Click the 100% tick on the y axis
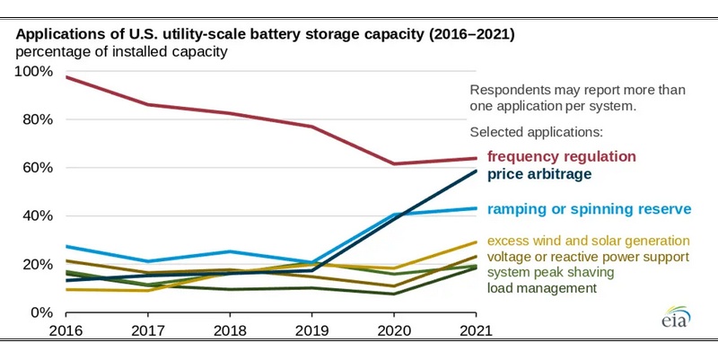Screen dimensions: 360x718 [35, 71]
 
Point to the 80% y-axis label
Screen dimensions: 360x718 [39, 119]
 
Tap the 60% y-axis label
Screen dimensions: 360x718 [39, 168]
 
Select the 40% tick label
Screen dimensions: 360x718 [39, 216]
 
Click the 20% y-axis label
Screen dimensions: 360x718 [39, 265]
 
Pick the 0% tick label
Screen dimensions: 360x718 [43, 312]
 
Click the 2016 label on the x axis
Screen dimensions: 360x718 [67, 330]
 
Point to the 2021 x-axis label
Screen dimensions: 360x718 [476, 330]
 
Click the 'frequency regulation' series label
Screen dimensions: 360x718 [561, 156]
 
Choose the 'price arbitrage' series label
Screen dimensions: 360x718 [539, 174]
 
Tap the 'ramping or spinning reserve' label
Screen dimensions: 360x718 [589, 209]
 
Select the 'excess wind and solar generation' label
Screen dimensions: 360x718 [588, 241]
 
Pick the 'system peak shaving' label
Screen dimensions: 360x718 [550, 272]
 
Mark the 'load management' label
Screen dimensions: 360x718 [541, 288]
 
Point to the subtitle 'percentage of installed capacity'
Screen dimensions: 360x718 [121, 52]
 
